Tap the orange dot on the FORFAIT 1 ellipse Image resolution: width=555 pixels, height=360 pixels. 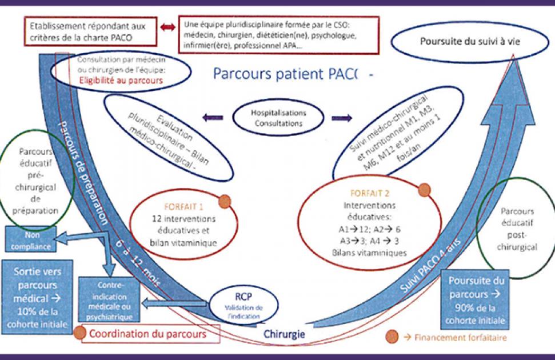click(x=225, y=201)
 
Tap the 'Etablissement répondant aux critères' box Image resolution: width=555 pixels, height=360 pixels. click(x=90, y=31)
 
